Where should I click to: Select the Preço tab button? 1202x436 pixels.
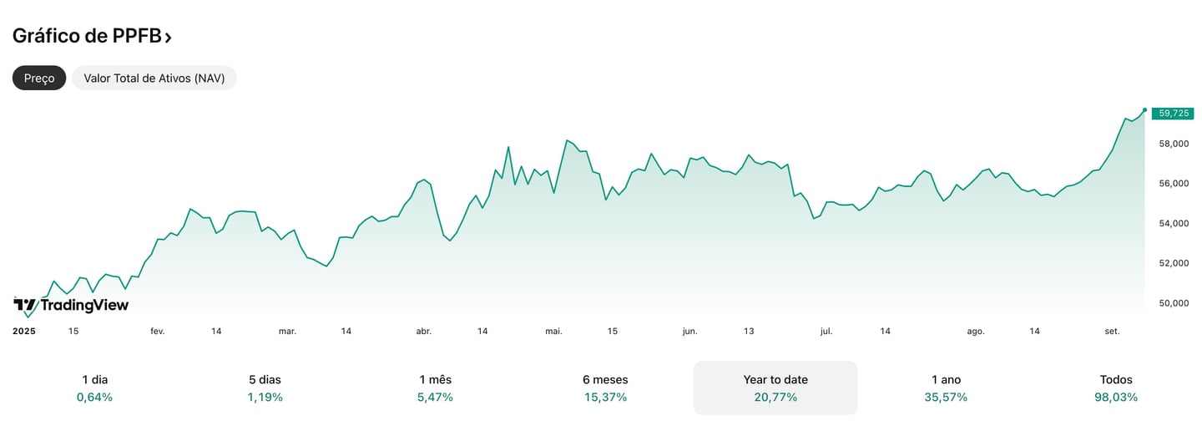pyautogui.click(x=39, y=78)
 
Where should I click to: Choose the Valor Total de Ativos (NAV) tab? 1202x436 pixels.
pyautogui.click(x=154, y=78)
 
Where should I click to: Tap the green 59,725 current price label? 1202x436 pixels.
pyautogui.click(x=1172, y=114)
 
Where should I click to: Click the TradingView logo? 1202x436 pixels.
pyautogui.click(x=72, y=305)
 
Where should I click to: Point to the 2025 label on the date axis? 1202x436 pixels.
pyautogui.click(x=24, y=331)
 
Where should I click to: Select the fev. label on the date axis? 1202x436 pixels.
pyautogui.click(x=158, y=331)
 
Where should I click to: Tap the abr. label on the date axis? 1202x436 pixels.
pyautogui.click(x=424, y=331)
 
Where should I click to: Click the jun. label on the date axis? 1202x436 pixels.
pyautogui.click(x=689, y=331)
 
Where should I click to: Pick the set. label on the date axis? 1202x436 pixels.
pyautogui.click(x=1112, y=331)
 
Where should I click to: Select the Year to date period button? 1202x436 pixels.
pyautogui.click(x=775, y=388)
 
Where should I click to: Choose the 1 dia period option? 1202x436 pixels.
pyautogui.click(x=94, y=388)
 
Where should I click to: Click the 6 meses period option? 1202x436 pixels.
pyautogui.click(x=605, y=388)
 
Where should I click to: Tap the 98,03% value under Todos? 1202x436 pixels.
pyautogui.click(x=1116, y=398)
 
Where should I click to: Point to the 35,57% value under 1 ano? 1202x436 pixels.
pyautogui.click(x=946, y=398)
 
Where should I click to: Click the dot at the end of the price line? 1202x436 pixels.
pyautogui.click(x=1144, y=109)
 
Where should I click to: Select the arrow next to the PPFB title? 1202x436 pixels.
pyautogui.click(x=169, y=37)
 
